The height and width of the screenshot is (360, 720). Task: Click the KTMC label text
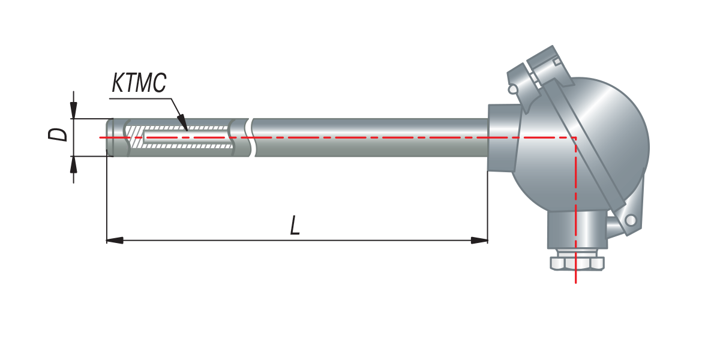(139, 83)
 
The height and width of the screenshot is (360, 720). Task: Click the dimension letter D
(58, 134)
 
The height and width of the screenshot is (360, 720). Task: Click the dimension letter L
(295, 226)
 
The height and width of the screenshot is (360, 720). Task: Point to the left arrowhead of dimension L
(115, 240)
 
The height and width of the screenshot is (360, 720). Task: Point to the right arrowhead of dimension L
(479, 240)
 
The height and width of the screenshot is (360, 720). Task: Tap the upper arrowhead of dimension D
(74, 110)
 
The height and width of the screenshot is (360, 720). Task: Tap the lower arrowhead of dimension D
(74, 164)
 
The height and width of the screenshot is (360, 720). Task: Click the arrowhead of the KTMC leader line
(183, 122)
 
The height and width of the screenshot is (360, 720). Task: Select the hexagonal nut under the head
(577, 263)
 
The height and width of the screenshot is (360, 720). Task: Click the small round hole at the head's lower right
(631, 221)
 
